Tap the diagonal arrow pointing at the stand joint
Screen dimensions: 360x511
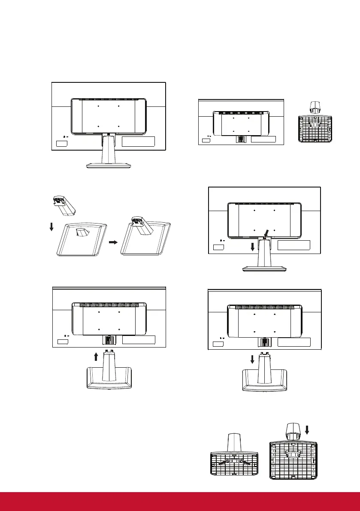coord(267,233)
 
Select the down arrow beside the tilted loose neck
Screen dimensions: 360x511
coord(51,225)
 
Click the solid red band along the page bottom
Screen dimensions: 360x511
coord(180,501)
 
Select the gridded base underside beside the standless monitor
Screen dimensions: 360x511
coord(315,129)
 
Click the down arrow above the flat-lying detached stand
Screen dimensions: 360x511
coord(252,358)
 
